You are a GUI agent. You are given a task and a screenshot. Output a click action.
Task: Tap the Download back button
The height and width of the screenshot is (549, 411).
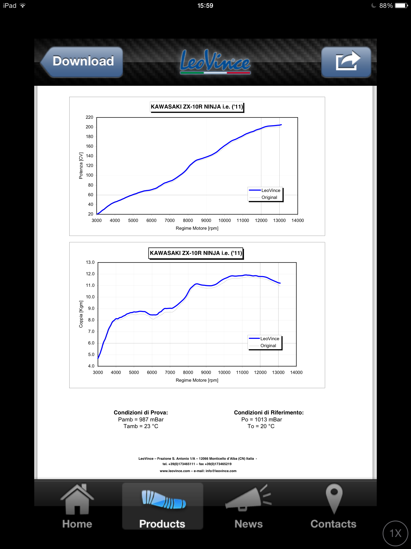point(82,62)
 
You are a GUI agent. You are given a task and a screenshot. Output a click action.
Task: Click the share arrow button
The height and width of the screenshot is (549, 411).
point(346,62)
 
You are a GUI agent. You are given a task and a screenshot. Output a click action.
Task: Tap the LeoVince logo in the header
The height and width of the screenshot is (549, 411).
point(215,62)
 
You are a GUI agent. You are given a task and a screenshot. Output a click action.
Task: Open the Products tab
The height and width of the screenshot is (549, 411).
point(162,507)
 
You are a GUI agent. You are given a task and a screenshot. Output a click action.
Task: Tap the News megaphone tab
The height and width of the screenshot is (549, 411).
point(248,507)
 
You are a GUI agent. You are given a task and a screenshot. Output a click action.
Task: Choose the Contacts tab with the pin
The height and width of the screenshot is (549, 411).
point(334,507)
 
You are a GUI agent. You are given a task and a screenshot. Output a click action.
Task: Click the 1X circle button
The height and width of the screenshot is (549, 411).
point(395,533)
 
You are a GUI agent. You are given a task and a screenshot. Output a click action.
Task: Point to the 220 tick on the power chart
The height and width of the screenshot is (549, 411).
point(89,117)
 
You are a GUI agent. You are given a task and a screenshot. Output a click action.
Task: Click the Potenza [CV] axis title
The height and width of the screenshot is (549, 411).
point(81,165)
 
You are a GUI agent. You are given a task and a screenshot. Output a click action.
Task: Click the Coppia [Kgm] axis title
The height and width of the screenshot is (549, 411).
point(81,314)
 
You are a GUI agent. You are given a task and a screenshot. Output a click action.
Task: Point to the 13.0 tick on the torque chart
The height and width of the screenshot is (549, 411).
point(90,262)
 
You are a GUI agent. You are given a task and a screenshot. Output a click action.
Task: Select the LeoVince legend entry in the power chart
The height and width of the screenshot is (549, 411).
point(271,191)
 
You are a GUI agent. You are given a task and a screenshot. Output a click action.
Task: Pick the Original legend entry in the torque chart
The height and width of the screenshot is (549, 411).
point(268,346)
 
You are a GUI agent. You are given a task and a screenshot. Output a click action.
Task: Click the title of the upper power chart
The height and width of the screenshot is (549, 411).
point(197,107)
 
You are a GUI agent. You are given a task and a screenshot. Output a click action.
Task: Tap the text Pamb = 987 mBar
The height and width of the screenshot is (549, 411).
point(141,420)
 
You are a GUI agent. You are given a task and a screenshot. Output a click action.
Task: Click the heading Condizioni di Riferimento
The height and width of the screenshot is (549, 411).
point(269,413)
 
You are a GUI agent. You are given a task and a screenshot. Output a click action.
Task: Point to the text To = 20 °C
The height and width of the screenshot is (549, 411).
point(261,426)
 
